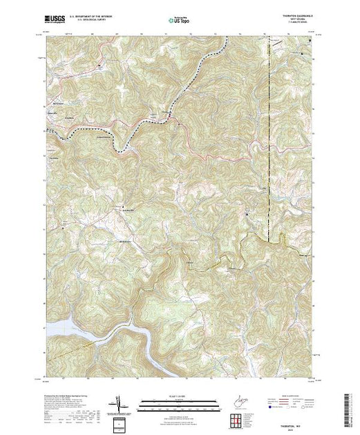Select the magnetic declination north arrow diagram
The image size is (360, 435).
pyautogui.click(x=120, y=403)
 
